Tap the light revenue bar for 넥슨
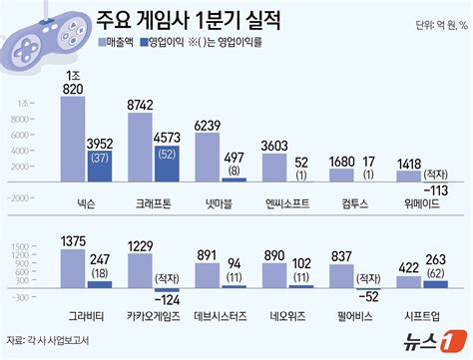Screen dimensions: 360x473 tap(73, 139)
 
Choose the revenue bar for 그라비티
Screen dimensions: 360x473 tap(73, 267)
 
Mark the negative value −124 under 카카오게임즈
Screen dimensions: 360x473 tap(169, 299)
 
